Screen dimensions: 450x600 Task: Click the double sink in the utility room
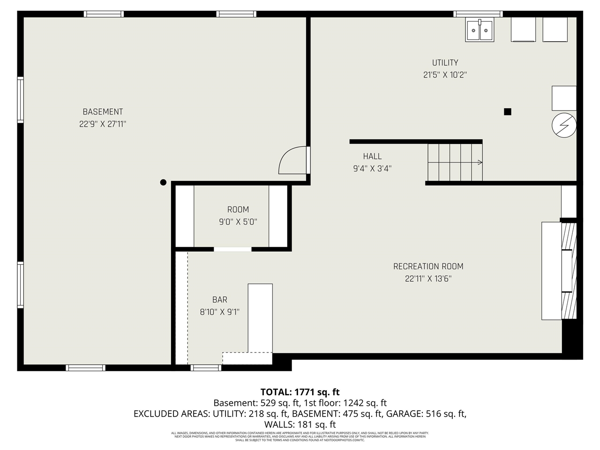click(479, 30)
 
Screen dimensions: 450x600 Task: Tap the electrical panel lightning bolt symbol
click(563, 125)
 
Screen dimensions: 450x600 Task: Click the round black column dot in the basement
click(163, 182)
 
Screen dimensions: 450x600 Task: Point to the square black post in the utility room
click(507, 112)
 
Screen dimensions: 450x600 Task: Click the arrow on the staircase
click(479, 163)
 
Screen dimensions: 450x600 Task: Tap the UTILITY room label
click(445, 63)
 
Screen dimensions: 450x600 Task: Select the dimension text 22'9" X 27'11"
click(103, 124)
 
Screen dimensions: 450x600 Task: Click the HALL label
click(372, 157)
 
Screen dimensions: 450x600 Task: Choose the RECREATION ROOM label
click(428, 266)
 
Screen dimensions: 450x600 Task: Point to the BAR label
click(219, 300)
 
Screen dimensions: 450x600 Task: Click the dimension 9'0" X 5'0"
click(238, 222)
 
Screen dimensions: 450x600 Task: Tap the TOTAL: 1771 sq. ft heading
click(300, 392)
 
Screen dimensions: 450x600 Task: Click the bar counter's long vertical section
click(260, 317)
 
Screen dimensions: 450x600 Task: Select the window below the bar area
click(206, 367)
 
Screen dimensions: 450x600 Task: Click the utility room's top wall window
click(478, 14)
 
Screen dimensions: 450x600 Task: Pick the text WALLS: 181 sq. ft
click(300, 425)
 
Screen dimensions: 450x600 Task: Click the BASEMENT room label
click(103, 112)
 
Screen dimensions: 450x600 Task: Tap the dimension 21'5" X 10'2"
click(445, 75)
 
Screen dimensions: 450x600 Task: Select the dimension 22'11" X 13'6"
click(428, 279)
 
